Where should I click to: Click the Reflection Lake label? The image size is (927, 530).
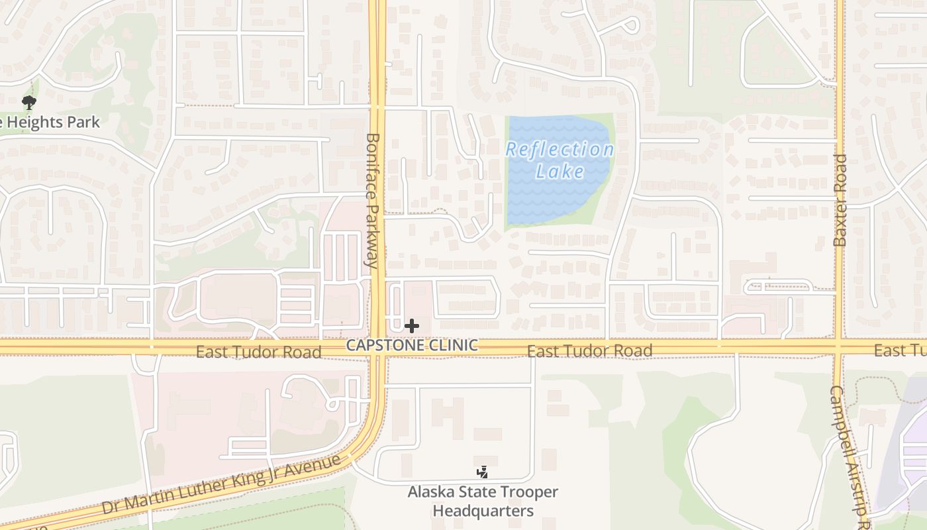click(560, 160)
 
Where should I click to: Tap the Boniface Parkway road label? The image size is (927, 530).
click(373, 200)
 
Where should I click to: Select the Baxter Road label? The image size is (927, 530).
click(840, 200)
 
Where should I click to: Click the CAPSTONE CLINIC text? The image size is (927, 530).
click(412, 345)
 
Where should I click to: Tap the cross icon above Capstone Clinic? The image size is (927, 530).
click(412, 325)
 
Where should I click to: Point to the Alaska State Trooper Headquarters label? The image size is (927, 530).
click(483, 502)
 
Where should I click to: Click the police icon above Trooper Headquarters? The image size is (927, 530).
click(483, 472)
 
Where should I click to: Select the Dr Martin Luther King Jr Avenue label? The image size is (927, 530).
click(221, 484)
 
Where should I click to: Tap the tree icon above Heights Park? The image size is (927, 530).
click(28, 103)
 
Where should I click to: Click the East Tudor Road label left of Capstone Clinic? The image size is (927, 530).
click(258, 352)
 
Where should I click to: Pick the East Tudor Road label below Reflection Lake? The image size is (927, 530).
click(589, 350)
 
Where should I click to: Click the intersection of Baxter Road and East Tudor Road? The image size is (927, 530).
click(839, 346)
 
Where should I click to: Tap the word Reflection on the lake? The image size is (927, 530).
click(560, 150)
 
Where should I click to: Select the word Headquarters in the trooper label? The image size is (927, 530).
click(483, 511)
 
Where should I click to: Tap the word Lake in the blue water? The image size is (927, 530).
click(560, 172)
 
